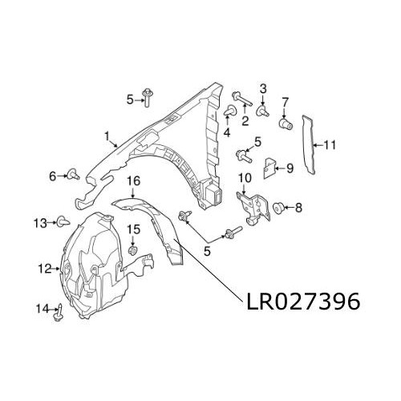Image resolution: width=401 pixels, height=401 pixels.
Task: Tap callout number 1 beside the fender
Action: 106,136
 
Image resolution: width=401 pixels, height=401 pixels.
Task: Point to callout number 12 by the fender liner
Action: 43,268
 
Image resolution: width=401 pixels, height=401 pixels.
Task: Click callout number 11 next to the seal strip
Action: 331,145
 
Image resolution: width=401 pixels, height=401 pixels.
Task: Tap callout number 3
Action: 262,87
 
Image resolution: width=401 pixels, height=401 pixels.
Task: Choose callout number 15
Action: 134,229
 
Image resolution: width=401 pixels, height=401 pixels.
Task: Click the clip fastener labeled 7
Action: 282,124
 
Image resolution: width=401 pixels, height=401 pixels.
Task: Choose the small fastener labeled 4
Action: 229,110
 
